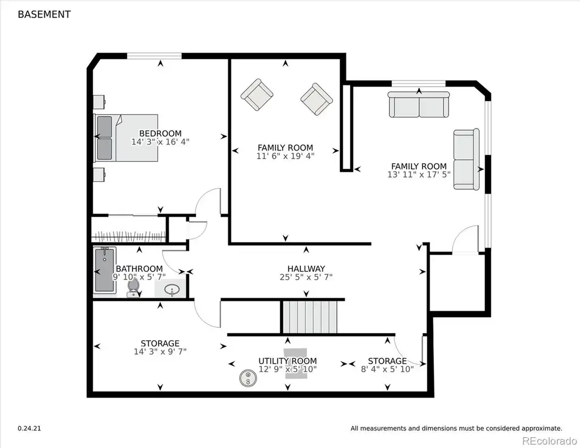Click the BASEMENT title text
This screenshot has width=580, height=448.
[44, 14]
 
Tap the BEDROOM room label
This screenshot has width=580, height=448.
[160, 133]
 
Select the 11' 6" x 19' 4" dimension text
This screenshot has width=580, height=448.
[285, 156]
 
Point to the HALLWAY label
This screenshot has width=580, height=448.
[306, 268]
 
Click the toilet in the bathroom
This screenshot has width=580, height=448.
[133, 288]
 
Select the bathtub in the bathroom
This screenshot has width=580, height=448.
[105, 270]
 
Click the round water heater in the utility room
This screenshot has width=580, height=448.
[248, 378]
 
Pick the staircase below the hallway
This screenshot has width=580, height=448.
[309, 317]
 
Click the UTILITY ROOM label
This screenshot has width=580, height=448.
[287, 361]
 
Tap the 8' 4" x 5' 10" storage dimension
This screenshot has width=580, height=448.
[387, 369]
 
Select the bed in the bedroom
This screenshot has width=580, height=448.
[126, 138]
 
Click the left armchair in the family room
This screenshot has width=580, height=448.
[257, 95]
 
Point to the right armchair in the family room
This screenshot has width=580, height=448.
[317, 99]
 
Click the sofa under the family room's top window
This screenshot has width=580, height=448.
[419, 104]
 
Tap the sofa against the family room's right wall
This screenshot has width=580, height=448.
[467, 159]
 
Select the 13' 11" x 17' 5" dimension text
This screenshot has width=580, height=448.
[419, 174]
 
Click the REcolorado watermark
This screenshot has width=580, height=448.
[549, 441]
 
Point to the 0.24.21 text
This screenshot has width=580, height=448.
[29, 428]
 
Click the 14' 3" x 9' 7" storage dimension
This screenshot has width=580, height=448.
[160, 352]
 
